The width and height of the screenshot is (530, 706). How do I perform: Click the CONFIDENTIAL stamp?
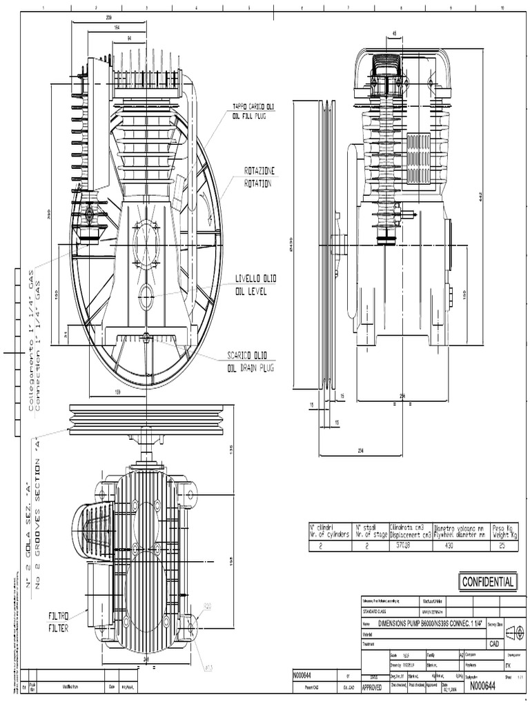[x=488, y=582]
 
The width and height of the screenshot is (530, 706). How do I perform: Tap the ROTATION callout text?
[x=257, y=184]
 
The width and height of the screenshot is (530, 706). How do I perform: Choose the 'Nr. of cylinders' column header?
[x=329, y=533]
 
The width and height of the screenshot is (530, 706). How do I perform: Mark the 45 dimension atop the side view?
[x=395, y=32]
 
